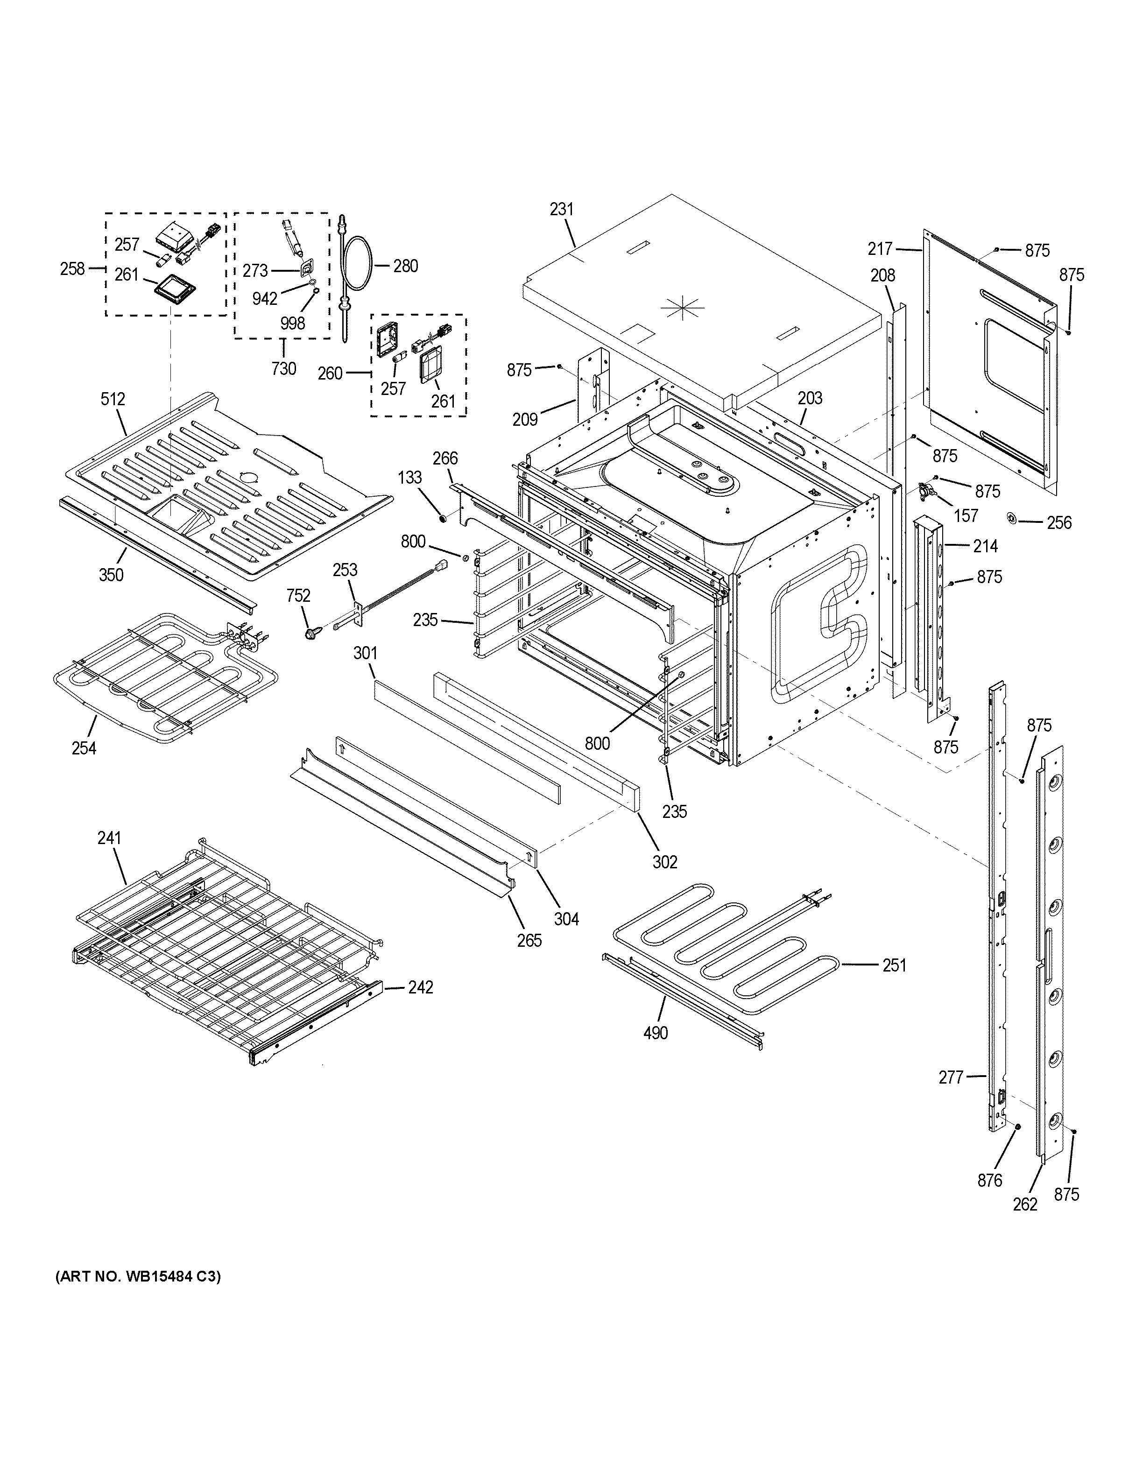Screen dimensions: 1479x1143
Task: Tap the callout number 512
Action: tap(113, 399)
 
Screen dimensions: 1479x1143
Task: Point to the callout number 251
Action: tap(894, 965)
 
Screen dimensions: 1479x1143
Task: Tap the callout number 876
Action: tap(989, 1180)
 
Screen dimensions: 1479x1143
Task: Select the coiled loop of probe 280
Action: tap(356, 266)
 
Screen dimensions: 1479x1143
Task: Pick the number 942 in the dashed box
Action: tap(265, 298)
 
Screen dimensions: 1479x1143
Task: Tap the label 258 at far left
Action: tap(72, 269)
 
